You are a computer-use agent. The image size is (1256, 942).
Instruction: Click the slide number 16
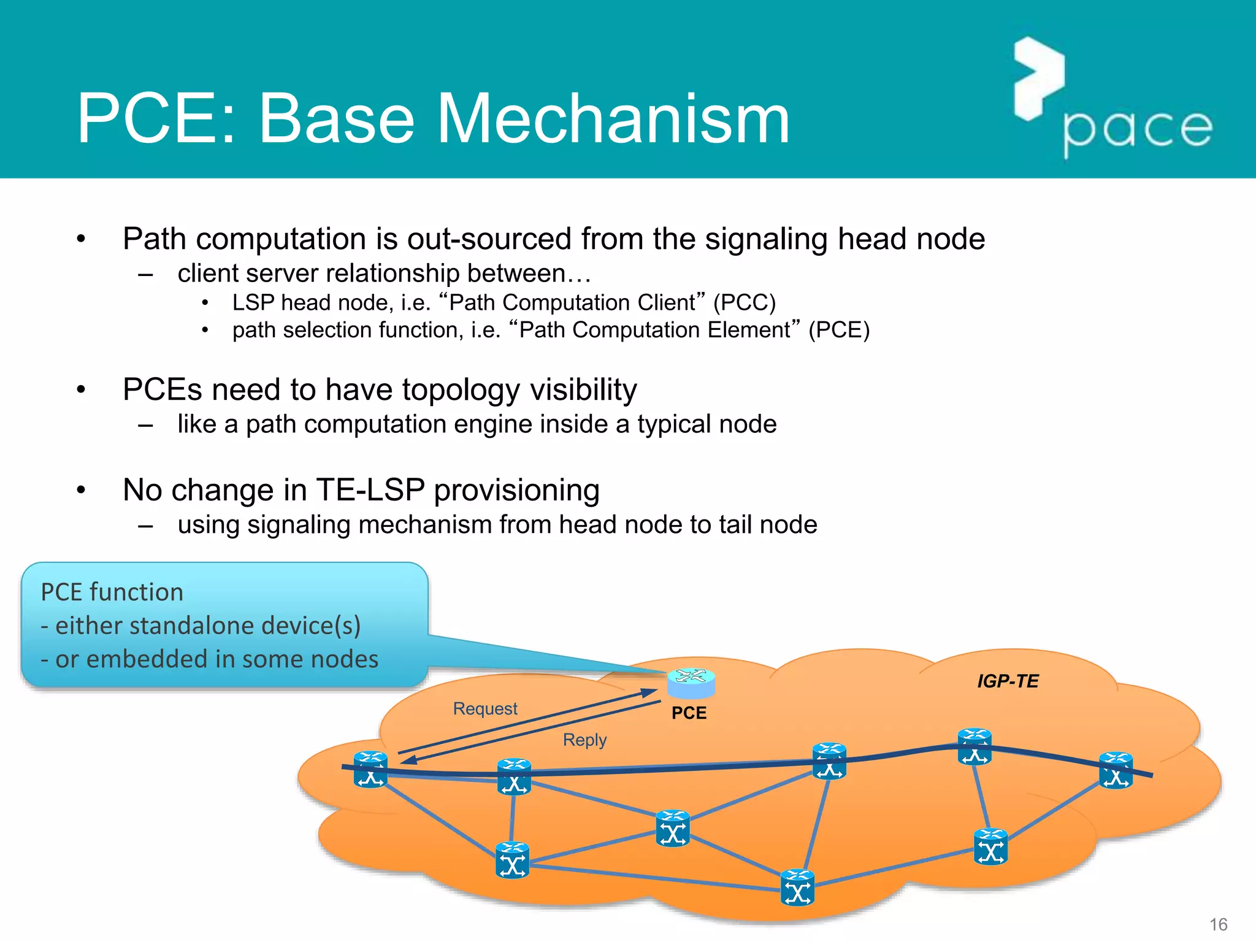click(x=1218, y=924)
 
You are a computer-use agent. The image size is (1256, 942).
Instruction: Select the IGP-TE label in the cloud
click(x=1008, y=681)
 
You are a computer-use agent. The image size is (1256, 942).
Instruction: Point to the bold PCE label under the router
click(x=689, y=713)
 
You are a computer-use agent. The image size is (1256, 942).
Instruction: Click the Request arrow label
click(x=485, y=708)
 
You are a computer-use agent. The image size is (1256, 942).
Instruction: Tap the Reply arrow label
click(x=584, y=740)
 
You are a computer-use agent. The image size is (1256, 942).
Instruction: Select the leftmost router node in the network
click(x=370, y=770)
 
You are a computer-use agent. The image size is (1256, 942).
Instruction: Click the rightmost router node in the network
click(x=1116, y=770)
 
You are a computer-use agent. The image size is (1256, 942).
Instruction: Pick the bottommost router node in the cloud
click(x=797, y=887)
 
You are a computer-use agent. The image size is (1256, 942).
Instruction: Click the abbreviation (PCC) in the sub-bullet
click(x=744, y=302)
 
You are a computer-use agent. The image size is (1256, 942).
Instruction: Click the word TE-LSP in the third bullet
click(x=370, y=490)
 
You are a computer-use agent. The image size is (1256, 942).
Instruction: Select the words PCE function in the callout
click(x=112, y=592)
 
